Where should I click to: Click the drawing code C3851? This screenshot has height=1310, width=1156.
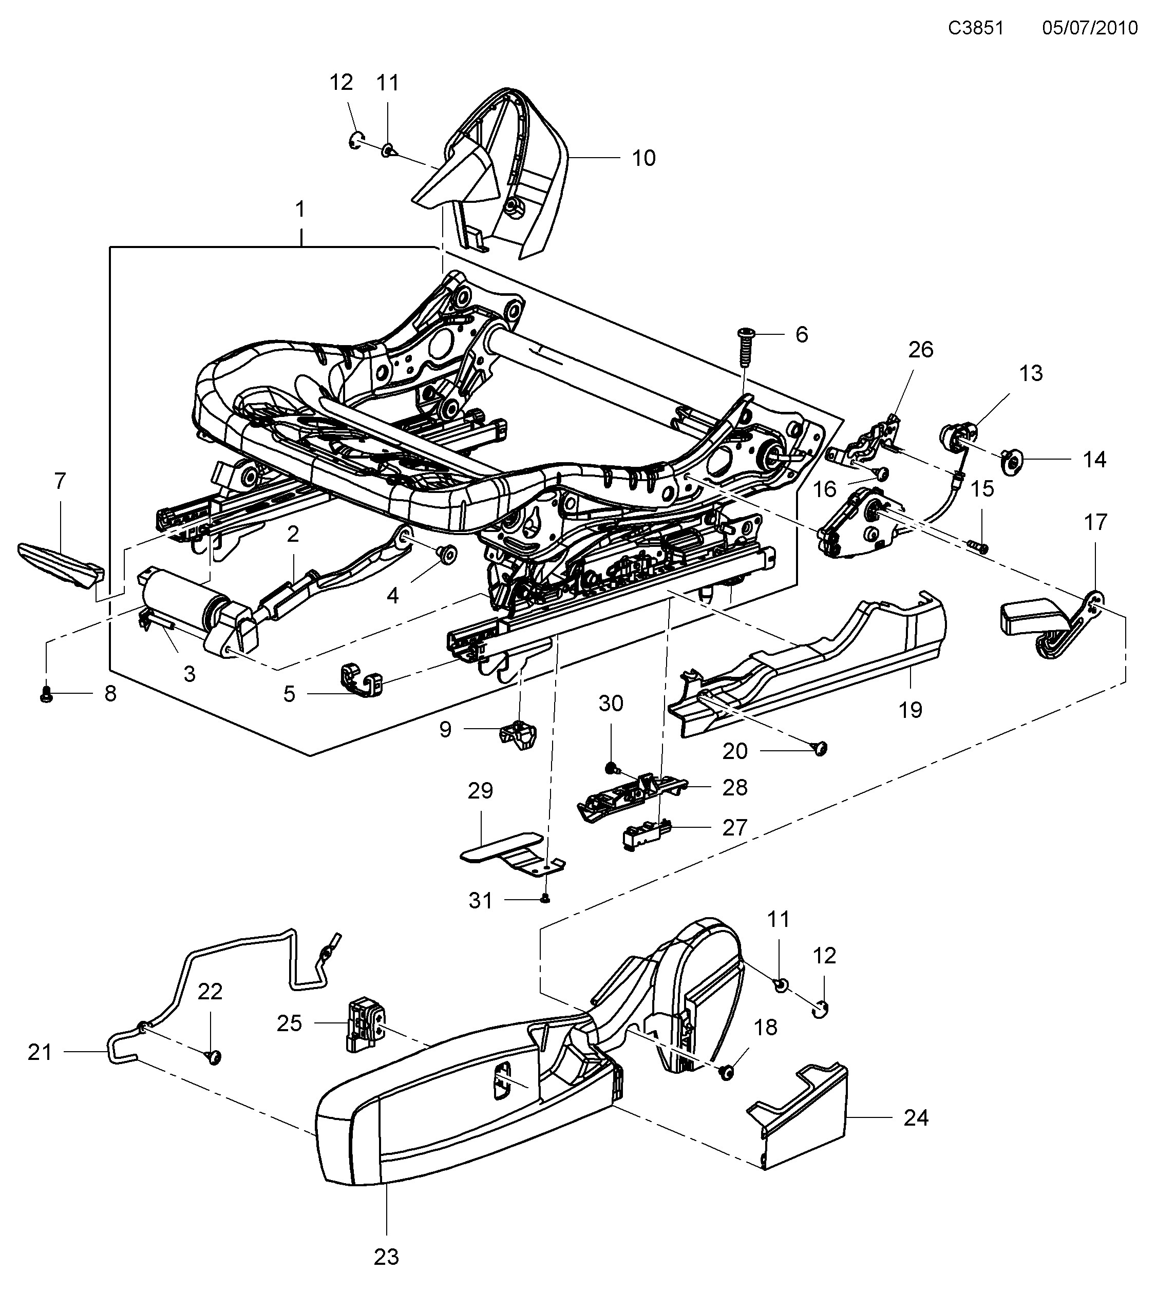[x=975, y=28]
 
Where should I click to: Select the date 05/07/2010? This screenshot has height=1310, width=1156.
[x=1089, y=28]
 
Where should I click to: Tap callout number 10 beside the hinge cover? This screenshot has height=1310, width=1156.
[x=643, y=158]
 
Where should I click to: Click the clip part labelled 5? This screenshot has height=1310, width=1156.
[x=359, y=680]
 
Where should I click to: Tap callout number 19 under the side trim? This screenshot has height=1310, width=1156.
[x=910, y=710]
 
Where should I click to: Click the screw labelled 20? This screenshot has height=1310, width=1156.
[x=821, y=747]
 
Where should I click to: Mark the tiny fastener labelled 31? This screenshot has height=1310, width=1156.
[x=545, y=899]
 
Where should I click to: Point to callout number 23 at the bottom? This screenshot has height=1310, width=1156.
[x=386, y=1258]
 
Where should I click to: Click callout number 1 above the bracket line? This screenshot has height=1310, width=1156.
[x=300, y=210]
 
